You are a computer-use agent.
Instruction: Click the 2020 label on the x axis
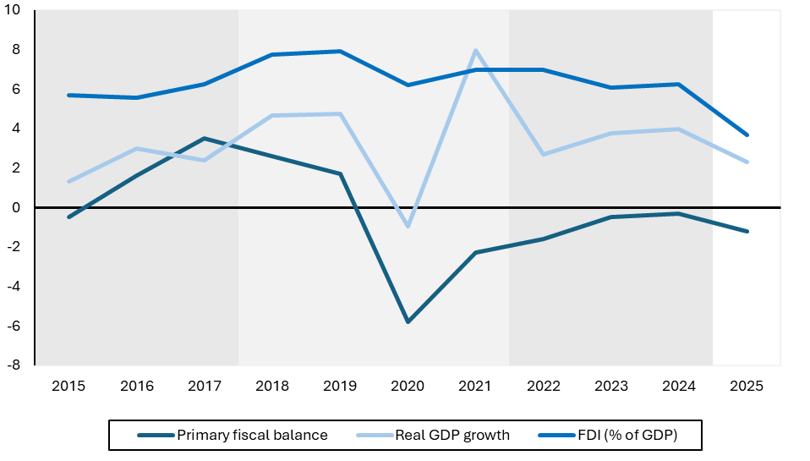coord(408,387)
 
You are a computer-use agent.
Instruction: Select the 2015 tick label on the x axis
coord(68,387)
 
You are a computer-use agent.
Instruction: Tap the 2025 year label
coord(747,387)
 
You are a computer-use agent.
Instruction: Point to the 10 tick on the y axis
coord(16,10)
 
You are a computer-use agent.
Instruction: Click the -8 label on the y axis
coord(16,365)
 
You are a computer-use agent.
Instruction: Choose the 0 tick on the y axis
coord(19,207)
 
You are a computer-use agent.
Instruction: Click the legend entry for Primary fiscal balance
coord(251,436)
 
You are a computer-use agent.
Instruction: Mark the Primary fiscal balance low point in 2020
coord(408,321)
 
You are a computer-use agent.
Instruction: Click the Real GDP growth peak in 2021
coord(476,50)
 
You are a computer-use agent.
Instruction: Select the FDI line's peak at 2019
coord(340,51)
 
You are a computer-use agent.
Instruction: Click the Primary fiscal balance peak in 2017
coord(205,138)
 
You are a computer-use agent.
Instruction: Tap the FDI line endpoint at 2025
coord(747,134)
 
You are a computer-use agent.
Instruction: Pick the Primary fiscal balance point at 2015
coord(68,217)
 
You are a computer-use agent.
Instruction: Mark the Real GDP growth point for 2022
coord(544,154)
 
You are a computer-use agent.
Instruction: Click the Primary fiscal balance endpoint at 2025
coord(747,231)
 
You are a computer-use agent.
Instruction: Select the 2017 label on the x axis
coord(205,387)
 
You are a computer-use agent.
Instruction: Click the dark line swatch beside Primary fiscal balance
coord(154,436)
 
